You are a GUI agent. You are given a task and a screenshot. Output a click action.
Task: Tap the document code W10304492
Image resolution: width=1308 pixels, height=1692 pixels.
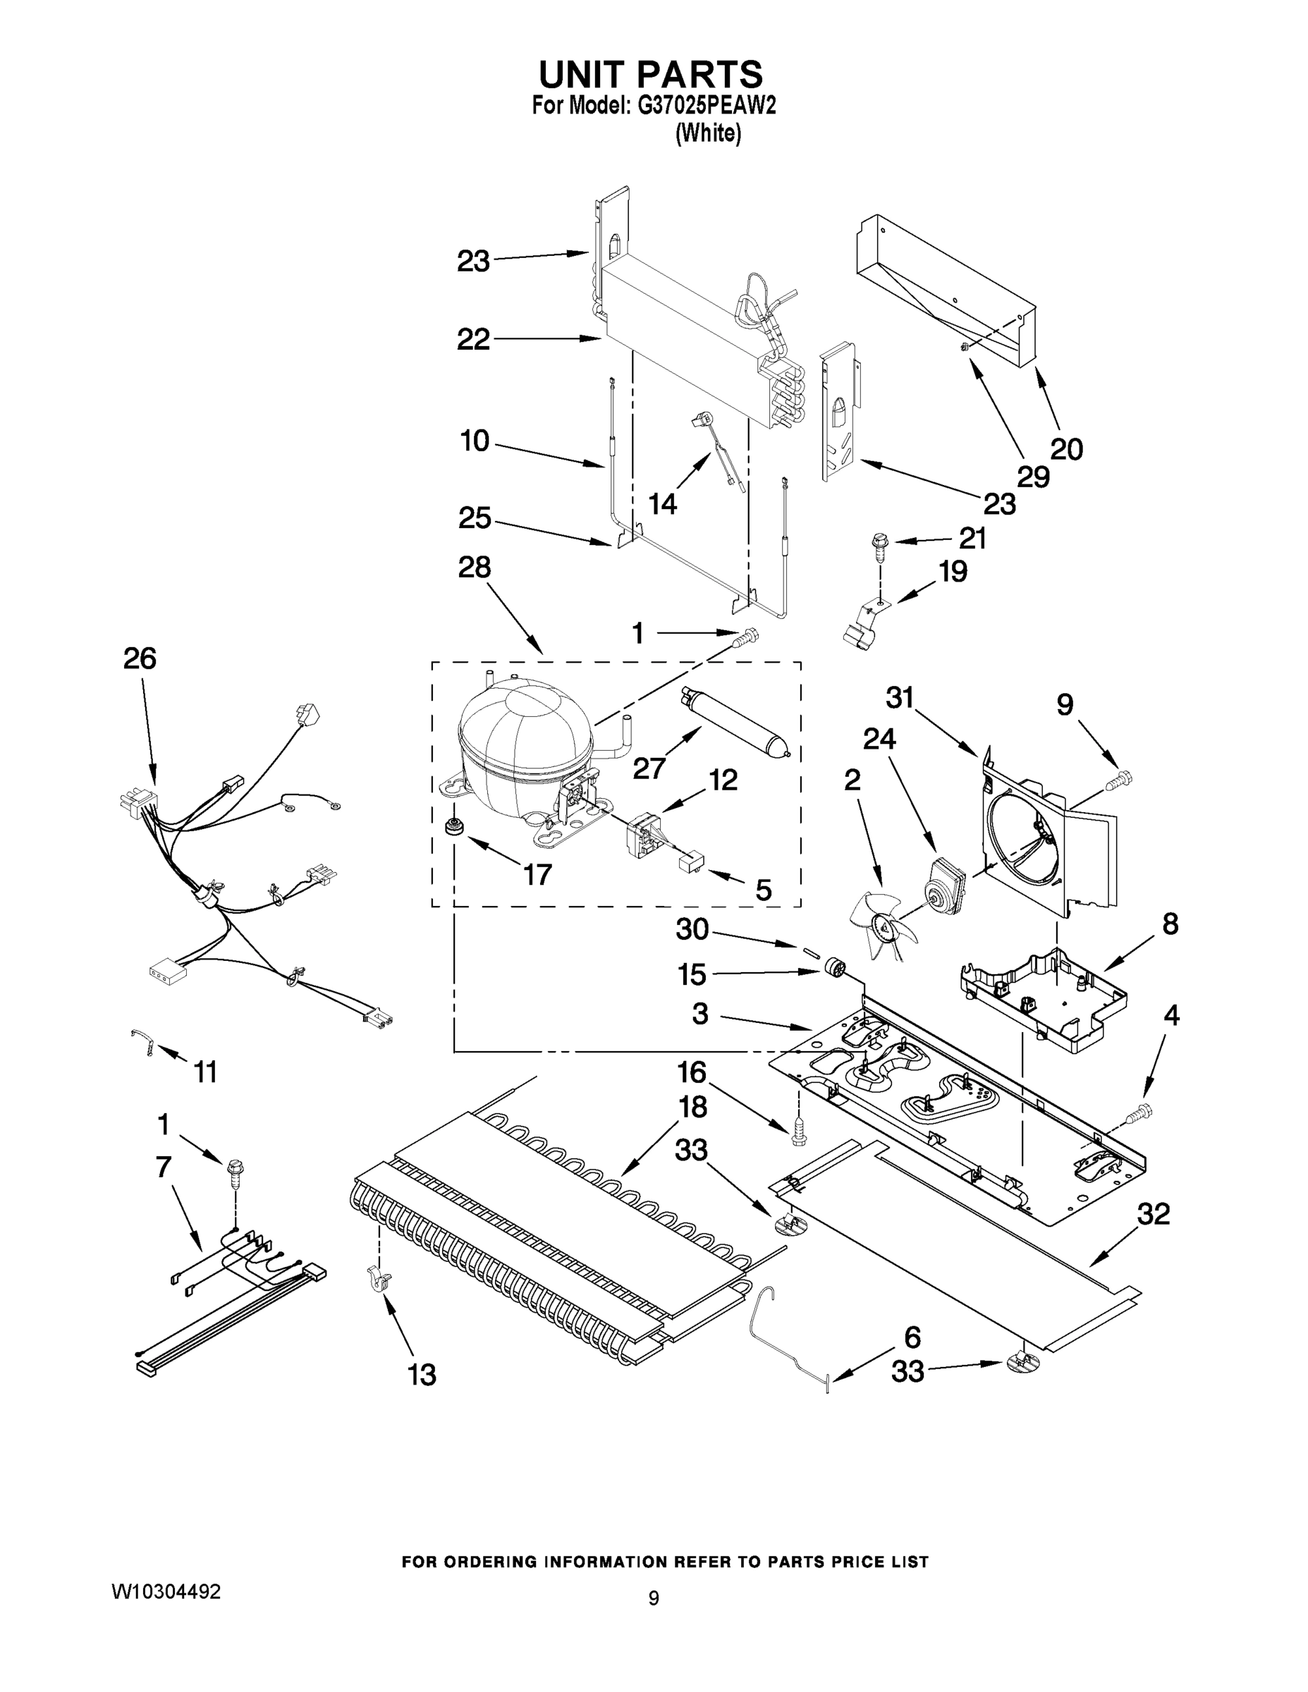(x=166, y=1591)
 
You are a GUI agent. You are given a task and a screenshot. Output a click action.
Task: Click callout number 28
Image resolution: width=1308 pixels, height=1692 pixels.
(x=475, y=568)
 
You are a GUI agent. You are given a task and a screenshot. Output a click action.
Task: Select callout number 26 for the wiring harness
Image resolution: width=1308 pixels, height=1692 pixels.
(x=140, y=658)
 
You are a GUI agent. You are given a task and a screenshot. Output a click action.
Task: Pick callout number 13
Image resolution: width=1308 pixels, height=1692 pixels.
(x=422, y=1375)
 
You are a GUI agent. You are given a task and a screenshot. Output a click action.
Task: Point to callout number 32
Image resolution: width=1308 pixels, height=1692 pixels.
(x=1153, y=1214)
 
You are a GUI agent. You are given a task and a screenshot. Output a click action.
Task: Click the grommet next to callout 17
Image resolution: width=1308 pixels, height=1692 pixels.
(x=452, y=828)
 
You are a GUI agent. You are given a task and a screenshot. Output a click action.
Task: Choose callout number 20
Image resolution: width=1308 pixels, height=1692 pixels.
(x=1066, y=449)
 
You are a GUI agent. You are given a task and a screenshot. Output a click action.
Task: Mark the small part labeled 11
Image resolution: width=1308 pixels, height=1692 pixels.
(x=143, y=1041)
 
